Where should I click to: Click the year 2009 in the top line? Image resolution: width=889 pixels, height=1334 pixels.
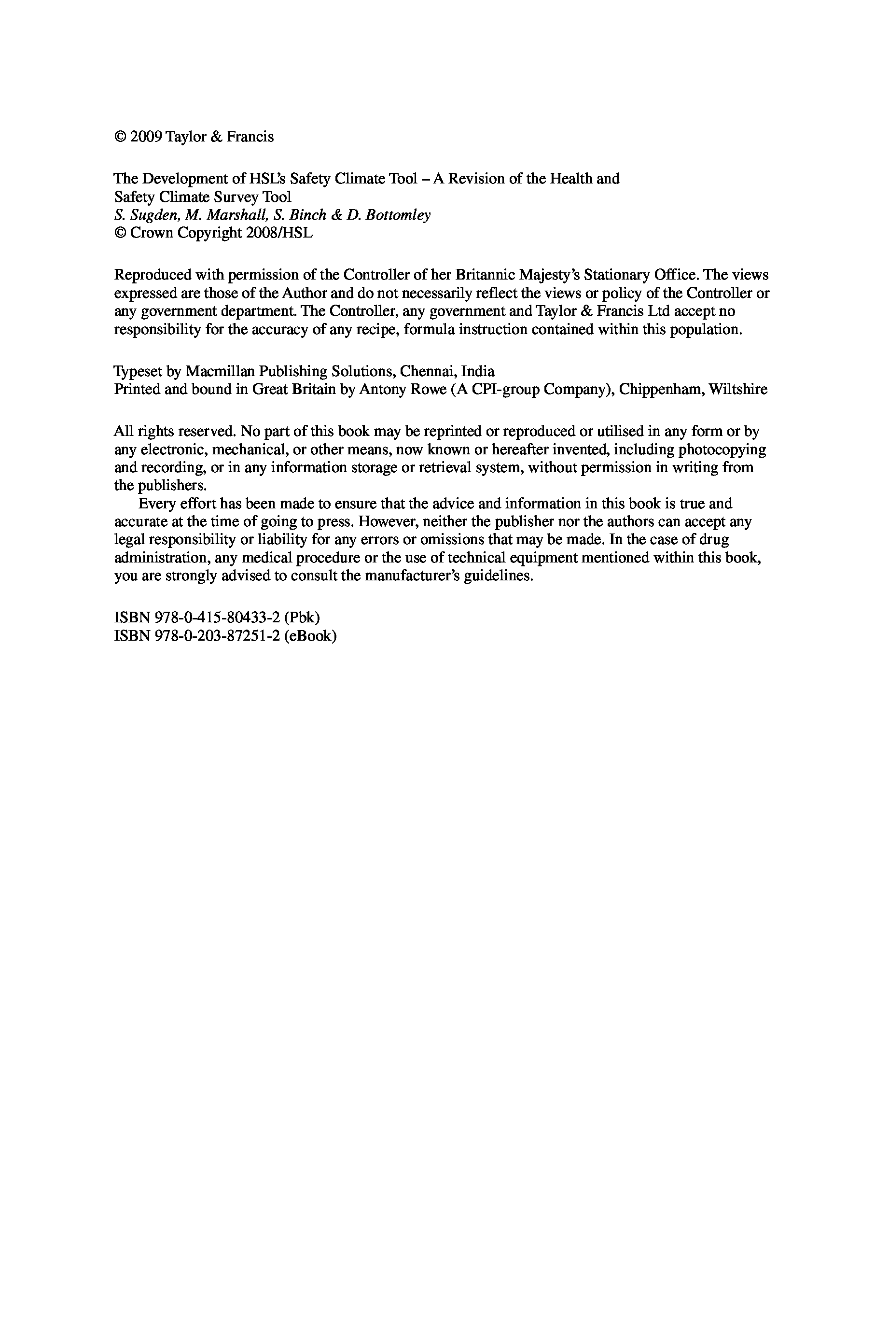147,137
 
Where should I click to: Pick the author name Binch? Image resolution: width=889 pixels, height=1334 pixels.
308,215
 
